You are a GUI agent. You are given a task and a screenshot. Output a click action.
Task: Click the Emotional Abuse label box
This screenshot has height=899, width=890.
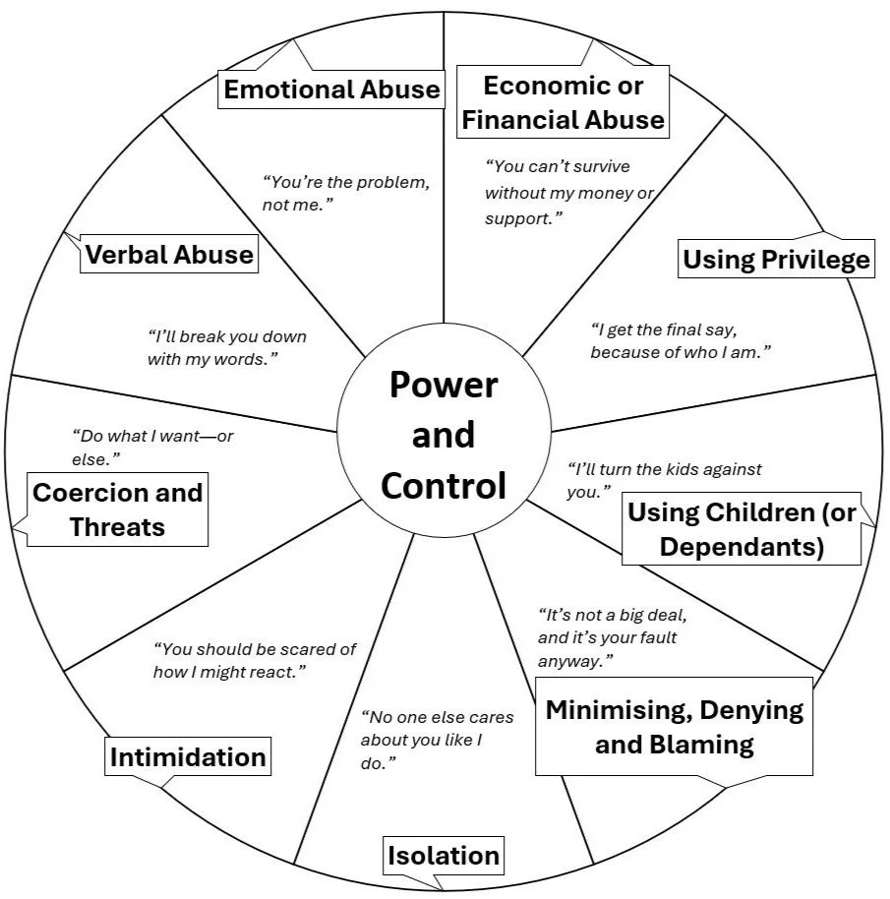(x=331, y=89)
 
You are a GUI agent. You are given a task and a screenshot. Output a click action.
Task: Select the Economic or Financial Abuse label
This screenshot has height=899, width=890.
(x=563, y=102)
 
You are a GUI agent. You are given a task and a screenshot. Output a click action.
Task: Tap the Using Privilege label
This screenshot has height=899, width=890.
(x=776, y=259)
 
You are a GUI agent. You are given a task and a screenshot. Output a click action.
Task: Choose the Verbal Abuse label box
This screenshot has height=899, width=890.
(x=169, y=254)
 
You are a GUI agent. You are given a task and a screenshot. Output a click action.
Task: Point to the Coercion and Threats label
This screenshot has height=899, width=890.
(x=117, y=509)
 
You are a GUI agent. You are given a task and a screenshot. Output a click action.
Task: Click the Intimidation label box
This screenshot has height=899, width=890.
(x=188, y=756)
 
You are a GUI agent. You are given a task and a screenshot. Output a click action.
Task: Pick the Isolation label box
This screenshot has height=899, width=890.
(x=443, y=856)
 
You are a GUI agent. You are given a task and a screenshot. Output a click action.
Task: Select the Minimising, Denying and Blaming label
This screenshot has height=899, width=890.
(x=674, y=727)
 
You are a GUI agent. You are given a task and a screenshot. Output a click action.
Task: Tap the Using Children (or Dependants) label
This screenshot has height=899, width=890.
(x=742, y=528)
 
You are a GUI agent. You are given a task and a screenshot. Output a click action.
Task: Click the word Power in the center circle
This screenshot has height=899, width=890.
(x=444, y=385)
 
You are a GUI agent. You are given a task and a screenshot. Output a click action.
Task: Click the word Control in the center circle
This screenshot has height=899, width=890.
(x=444, y=486)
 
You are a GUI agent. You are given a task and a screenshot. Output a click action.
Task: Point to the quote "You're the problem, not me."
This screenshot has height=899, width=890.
(x=345, y=193)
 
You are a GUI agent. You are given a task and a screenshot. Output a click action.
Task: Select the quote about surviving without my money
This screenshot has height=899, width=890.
(x=569, y=193)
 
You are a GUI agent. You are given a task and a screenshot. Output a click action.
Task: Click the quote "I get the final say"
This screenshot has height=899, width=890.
(x=681, y=340)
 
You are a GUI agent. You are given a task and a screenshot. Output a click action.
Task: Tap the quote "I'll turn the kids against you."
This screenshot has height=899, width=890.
(x=664, y=480)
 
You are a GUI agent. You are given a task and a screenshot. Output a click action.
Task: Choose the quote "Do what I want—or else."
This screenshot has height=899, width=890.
(x=152, y=448)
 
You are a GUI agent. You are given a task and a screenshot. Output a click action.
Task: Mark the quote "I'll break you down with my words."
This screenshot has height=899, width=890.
(x=227, y=347)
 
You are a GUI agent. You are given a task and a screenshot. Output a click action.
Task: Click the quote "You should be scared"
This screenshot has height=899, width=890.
(x=255, y=660)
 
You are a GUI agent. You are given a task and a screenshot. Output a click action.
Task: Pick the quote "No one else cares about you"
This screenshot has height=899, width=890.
(x=437, y=740)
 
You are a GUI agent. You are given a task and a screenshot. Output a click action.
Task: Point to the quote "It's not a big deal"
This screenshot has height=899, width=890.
(x=612, y=637)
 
